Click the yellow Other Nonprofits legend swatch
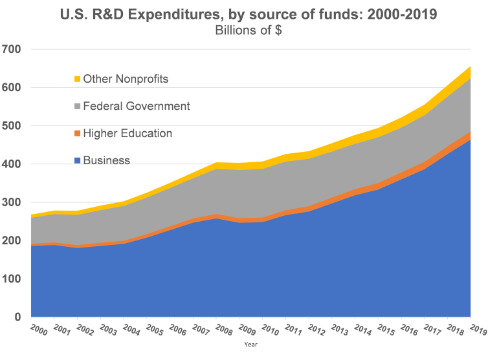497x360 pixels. coord(77,79)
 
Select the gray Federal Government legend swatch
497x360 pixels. coord(77,107)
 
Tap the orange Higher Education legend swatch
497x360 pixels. coord(77,134)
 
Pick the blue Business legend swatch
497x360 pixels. coord(77,161)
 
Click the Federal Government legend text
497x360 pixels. coord(137,106)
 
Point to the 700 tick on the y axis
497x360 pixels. coord(12,49)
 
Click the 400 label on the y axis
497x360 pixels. coord(12,164)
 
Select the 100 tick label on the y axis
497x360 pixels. coord(12,279)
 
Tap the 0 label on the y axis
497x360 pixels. coord(17,317)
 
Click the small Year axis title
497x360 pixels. coord(251,345)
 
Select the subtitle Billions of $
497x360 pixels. coord(248,30)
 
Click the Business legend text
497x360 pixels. coord(107,160)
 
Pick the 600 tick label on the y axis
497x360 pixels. coord(12,87)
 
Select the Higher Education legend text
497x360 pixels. coord(127,133)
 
